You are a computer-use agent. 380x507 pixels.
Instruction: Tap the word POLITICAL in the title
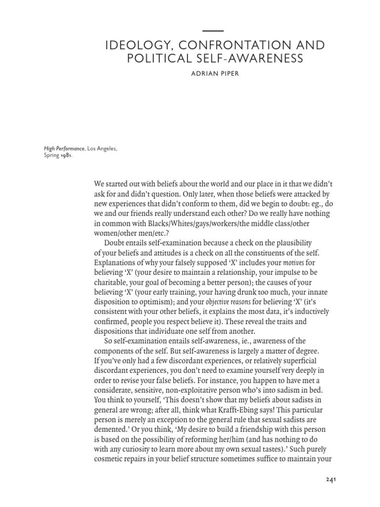tap(159, 59)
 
